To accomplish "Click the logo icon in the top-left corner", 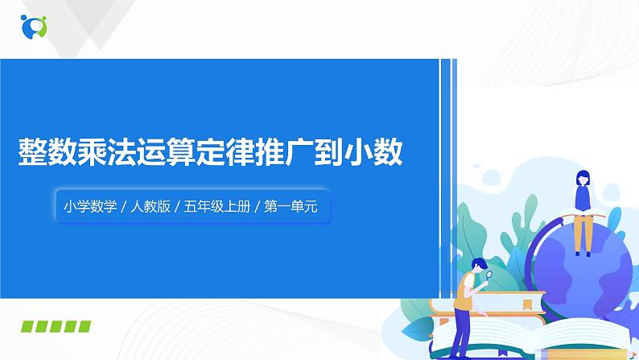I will pyautogui.click(x=35, y=26).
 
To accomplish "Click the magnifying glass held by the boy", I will pyautogui.click(x=488, y=275).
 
